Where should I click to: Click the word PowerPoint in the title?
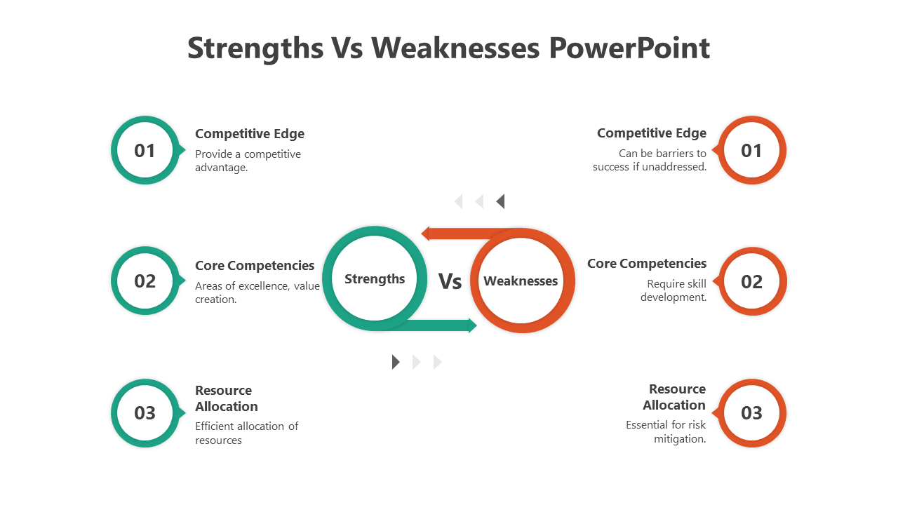pyautogui.click(x=629, y=48)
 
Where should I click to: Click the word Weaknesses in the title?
pyautogui.click(x=455, y=48)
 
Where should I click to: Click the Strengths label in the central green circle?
pyautogui.click(x=375, y=279)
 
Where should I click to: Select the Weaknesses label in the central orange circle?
pyautogui.click(x=521, y=281)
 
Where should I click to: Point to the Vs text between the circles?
pyautogui.click(x=450, y=281)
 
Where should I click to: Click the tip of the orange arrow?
pyautogui.click(x=422, y=234)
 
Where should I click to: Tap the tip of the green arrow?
pyautogui.click(x=476, y=325)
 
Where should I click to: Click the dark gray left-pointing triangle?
pyautogui.click(x=500, y=201)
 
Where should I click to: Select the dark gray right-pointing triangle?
pyautogui.click(x=396, y=362)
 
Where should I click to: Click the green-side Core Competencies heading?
pyautogui.click(x=255, y=266)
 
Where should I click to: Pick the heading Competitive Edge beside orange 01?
pyautogui.click(x=652, y=133)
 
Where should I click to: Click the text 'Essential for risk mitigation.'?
pyautogui.click(x=666, y=431)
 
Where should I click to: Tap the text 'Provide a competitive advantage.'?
pyautogui.click(x=248, y=161)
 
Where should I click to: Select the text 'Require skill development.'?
pyautogui.click(x=673, y=290)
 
